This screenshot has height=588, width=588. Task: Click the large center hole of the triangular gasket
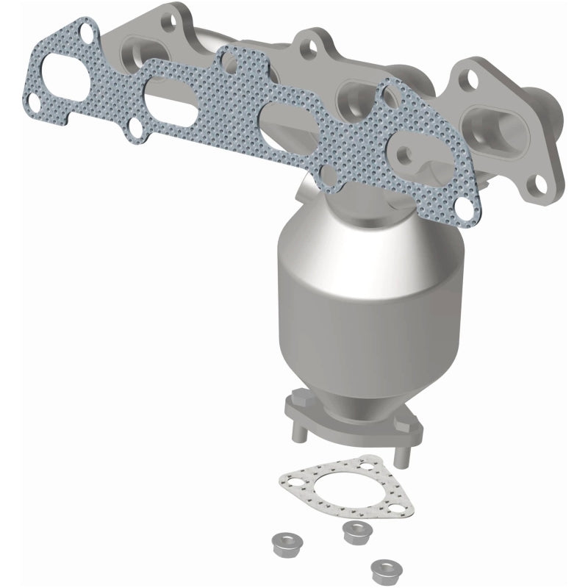click(334, 488)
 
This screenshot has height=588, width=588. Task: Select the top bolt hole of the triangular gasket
click(365, 467)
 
